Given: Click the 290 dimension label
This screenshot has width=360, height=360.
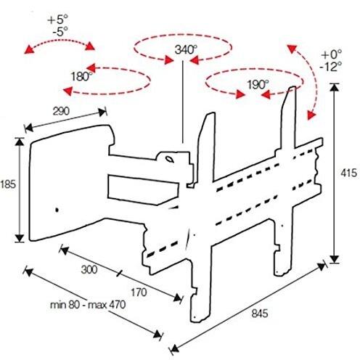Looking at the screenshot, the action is pos(61,111).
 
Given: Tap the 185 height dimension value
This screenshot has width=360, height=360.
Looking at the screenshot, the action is pos(8,184).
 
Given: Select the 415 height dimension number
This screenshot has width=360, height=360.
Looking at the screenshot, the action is pos(348,173).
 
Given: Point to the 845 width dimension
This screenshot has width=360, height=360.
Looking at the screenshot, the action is pos(260,314).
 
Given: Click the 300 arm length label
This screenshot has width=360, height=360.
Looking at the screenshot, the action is pos(89,269).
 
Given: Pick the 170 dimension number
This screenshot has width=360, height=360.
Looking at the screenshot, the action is pos(139,292).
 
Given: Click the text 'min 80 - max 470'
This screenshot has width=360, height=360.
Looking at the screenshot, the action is pos(88,305).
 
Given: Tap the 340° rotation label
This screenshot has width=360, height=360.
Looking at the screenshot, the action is pos(186,50).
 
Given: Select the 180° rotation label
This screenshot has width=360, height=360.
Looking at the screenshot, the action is pos(81,77).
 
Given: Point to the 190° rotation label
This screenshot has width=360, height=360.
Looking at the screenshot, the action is pos(258,85).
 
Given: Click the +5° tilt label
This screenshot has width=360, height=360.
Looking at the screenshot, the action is pos(58,20).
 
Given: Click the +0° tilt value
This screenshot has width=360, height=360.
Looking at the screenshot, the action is pos(332,54).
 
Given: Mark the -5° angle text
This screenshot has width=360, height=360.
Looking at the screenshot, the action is pos(60,31).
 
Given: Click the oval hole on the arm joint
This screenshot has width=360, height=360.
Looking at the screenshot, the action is pos(169,159).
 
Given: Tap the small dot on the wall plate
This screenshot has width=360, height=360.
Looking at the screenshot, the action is pos(57,210).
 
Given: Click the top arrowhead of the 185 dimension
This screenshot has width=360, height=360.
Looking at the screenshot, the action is pos(20,142).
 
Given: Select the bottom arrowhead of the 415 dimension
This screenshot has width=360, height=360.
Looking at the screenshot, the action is pos(335,259).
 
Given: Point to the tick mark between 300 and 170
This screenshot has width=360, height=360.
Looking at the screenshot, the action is pos(119,274).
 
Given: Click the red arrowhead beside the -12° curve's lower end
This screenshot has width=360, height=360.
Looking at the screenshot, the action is pos(311,115).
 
